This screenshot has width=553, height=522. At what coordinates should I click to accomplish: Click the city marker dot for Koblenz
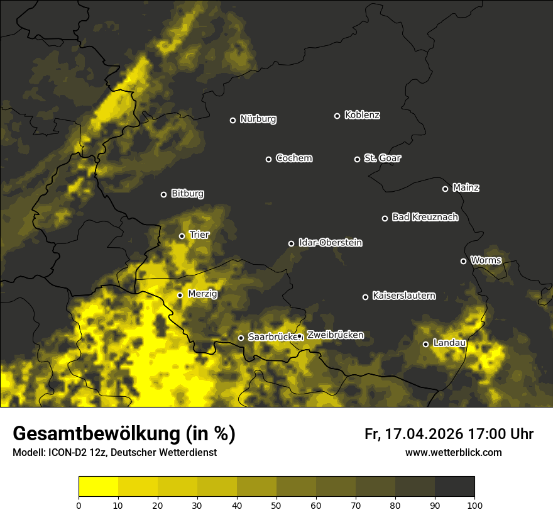point(337,116)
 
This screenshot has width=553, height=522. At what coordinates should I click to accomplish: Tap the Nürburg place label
point(258,119)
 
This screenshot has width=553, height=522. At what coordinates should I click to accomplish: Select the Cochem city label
point(293,158)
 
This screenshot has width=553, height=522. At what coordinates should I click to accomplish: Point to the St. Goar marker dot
point(357,159)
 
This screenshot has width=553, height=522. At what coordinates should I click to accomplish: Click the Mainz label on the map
point(466,187)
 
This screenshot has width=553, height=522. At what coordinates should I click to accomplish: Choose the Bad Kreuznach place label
point(425,217)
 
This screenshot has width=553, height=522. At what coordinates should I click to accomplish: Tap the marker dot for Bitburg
point(163,194)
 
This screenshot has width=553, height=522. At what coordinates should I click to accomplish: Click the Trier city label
point(199,235)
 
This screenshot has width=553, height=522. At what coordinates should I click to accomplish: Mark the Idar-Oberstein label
point(330,242)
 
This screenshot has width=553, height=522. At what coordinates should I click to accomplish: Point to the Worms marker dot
point(463,261)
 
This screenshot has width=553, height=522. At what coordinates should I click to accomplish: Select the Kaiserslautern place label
point(403,296)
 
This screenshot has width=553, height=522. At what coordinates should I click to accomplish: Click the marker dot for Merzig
point(180,295)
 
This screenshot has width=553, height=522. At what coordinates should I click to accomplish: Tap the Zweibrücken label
point(335,335)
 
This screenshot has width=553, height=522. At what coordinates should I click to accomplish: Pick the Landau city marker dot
point(425,344)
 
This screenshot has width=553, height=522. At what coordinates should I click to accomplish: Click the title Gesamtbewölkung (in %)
point(124,434)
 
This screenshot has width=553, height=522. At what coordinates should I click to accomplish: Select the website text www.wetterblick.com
point(453,452)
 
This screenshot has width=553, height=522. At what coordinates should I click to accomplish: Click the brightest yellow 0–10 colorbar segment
point(99,487)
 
